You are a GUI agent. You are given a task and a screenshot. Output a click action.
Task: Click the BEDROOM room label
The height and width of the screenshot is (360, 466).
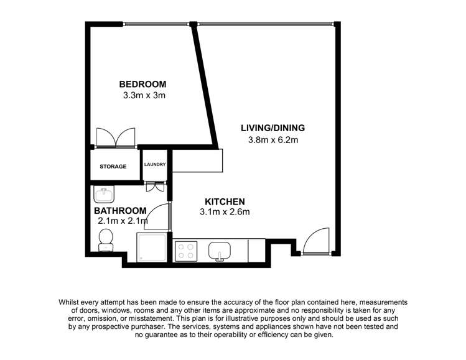[x=143, y=85]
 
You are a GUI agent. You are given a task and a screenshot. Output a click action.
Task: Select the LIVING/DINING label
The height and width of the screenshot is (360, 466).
[x=273, y=128]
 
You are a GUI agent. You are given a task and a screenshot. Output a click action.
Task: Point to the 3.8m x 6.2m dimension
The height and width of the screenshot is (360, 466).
[x=273, y=140]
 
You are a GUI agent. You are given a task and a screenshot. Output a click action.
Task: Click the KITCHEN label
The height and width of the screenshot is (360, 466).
[x=225, y=201]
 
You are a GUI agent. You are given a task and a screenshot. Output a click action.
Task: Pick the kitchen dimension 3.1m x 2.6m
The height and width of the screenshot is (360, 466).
[x=225, y=213]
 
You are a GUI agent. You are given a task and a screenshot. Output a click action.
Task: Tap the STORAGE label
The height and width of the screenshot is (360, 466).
[x=114, y=167]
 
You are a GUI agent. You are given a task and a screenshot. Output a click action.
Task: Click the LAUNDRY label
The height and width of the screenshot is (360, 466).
[x=154, y=165]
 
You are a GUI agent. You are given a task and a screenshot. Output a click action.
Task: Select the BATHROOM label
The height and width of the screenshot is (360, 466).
[x=121, y=210]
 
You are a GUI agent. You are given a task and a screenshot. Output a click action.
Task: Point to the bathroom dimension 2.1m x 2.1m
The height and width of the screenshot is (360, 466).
[x=123, y=221]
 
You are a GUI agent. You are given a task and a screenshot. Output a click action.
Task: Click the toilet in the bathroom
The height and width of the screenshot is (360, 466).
[x=105, y=240]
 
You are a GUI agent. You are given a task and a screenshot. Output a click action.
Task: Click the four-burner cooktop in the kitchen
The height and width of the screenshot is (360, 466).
[x=185, y=251]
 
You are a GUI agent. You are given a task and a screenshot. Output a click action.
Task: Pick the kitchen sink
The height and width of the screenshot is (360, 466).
[x=219, y=251]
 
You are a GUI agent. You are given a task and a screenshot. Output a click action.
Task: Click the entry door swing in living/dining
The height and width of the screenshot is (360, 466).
[x=315, y=241]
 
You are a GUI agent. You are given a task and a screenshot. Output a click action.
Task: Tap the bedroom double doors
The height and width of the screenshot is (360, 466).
[x=116, y=137]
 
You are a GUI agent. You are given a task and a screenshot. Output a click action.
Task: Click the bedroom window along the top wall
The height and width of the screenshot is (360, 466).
[x=155, y=24]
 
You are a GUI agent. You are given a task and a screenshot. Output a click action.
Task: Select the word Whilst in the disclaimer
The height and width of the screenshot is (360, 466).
[x=71, y=300]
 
